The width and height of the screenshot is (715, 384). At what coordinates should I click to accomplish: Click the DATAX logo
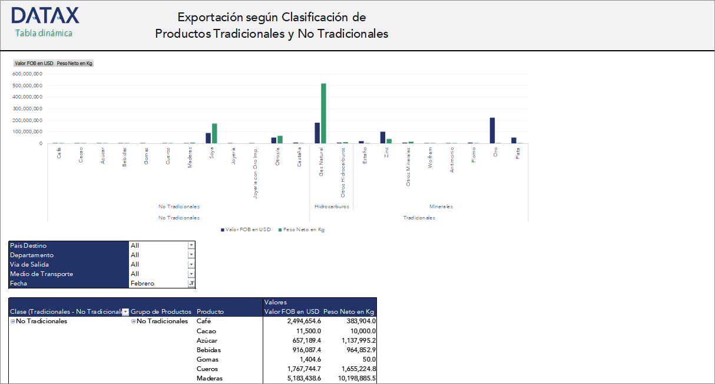[45, 16]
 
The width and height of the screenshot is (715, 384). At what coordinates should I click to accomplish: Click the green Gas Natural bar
[323, 113]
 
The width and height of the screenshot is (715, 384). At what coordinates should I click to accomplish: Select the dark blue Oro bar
[492, 130]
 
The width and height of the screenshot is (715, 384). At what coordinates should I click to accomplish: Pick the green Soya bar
[214, 133]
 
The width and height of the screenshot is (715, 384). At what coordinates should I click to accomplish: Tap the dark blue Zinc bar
[383, 137]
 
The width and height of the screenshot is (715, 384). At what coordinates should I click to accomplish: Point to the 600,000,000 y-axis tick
[27, 74]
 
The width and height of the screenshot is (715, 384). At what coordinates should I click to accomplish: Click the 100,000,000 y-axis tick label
[27, 132]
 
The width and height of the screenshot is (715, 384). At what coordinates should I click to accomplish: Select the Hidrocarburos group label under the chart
[332, 207]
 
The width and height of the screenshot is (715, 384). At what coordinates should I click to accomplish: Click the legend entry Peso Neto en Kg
[304, 229]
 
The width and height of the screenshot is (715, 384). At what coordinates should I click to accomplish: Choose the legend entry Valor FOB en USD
[247, 229]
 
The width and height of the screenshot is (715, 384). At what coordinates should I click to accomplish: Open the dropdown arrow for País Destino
[191, 245]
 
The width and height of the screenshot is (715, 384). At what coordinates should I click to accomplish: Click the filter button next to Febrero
[191, 284]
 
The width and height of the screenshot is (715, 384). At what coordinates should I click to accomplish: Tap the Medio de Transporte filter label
[41, 274]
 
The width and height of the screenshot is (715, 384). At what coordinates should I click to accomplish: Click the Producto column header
[210, 312]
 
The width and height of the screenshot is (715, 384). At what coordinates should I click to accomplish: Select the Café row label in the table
[203, 321]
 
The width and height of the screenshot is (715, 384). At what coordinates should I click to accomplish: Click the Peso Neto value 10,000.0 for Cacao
[358, 331]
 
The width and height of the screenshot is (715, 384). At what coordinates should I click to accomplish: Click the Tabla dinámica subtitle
[44, 33]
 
